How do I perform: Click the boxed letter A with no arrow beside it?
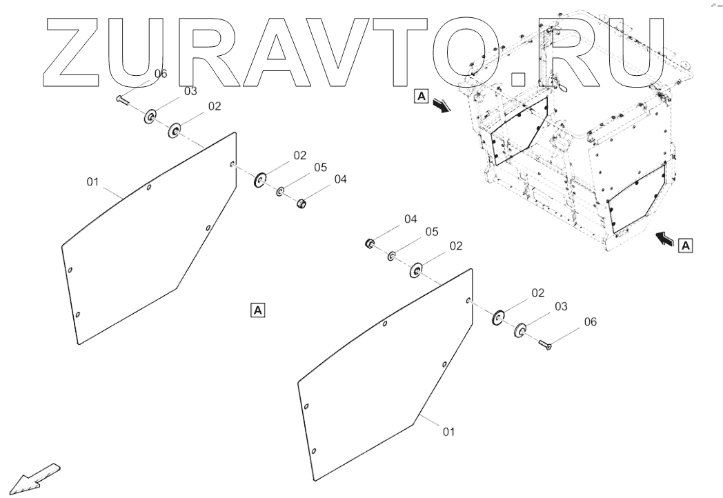[x=257, y=310]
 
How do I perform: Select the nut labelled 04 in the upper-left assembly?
[x=301, y=204]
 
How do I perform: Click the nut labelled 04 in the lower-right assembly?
[x=370, y=243]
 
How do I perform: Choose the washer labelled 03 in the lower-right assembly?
[x=519, y=330]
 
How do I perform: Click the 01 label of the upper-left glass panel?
[x=94, y=181]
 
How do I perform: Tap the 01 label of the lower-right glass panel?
[x=449, y=432]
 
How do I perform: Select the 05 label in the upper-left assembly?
[x=320, y=167]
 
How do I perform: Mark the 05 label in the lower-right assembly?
[x=432, y=232]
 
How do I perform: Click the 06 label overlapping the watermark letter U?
[x=160, y=74]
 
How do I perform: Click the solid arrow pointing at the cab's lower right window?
[x=664, y=239]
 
